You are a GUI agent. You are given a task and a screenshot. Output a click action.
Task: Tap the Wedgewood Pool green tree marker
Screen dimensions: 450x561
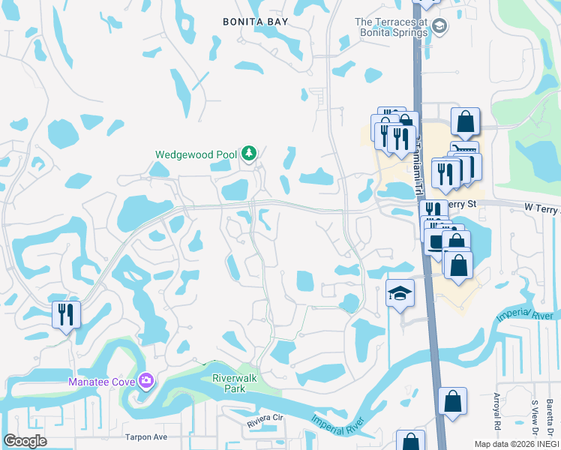(x=249, y=154)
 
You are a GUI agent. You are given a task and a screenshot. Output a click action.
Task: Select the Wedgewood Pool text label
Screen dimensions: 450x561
(x=196, y=155)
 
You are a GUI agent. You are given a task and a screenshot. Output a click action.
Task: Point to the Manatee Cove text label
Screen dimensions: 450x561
(x=102, y=382)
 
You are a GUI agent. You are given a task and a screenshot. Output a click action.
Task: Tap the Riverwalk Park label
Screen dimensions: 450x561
(x=234, y=383)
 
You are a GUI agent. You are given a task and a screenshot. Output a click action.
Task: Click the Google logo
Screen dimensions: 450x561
(x=25, y=440)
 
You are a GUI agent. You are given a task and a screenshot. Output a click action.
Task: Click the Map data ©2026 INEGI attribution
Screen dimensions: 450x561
(x=517, y=444)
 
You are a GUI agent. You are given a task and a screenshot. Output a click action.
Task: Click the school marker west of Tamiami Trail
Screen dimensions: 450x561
(x=400, y=294)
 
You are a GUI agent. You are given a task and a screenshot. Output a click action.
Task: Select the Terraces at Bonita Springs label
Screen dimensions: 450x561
(x=391, y=27)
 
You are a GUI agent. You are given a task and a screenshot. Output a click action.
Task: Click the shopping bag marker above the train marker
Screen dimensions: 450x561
(x=465, y=121)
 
